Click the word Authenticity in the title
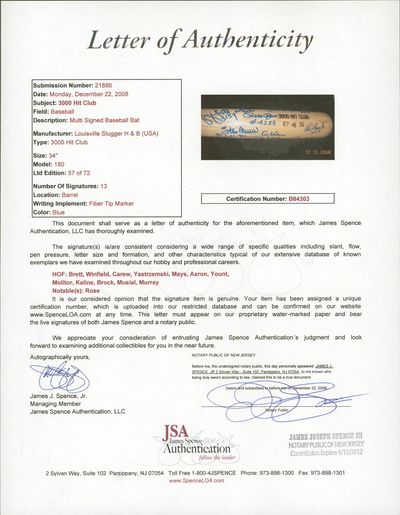[248, 41]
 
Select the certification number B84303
[299, 199]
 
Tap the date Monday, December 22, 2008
[89, 94]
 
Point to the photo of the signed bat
[268, 127]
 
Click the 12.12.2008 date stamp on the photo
[318, 152]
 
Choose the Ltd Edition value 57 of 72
[79, 173]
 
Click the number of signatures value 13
[104, 186]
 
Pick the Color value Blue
[58, 212]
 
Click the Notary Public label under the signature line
[277, 410]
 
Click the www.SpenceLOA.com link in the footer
[196, 480]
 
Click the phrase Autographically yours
[60, 357]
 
